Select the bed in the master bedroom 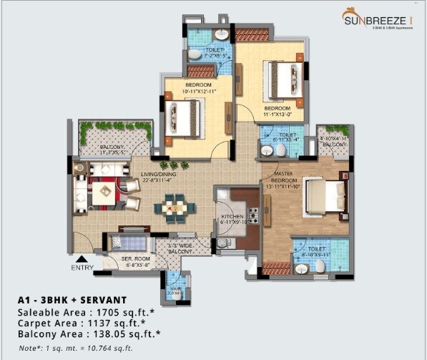point(325,194)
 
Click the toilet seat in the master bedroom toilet point(320,266)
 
